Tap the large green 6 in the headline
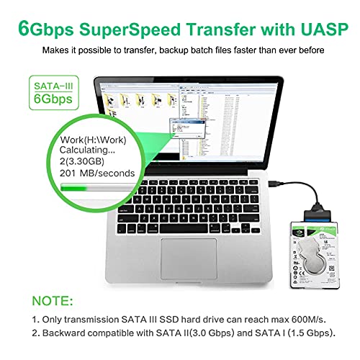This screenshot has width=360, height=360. pyautogui.click(x=27, y=29)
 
